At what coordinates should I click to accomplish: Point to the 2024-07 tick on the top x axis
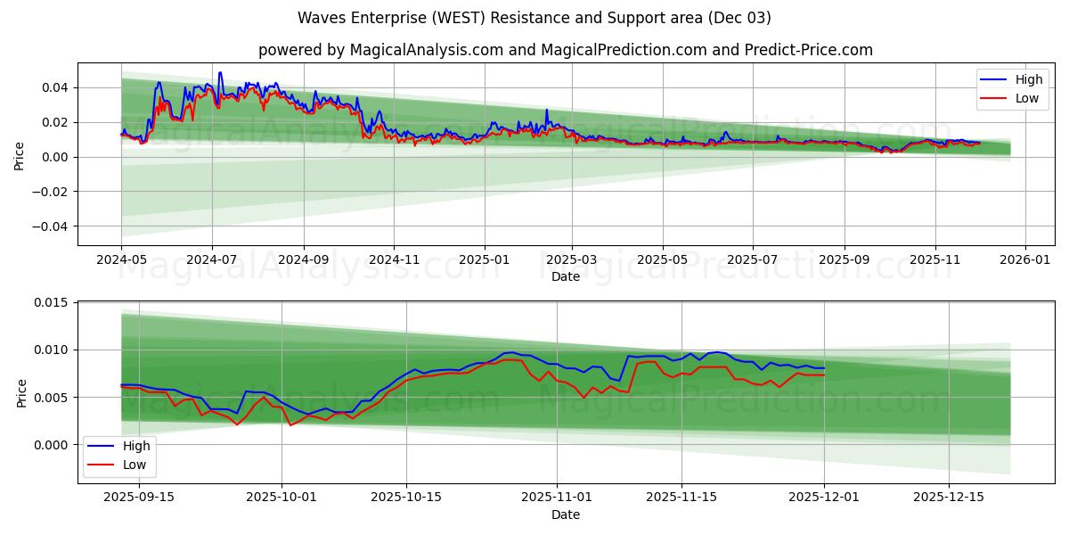pos(212,259)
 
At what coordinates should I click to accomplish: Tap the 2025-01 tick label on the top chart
pos(485,259)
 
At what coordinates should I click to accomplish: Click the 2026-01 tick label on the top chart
pos(1025,259)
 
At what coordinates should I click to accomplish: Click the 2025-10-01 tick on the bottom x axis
pos(282,497)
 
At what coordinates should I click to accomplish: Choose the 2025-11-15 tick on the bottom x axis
pos(681,497)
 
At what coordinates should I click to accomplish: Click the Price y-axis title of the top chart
pos(20,154)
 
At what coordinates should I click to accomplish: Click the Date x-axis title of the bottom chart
pos(565,514)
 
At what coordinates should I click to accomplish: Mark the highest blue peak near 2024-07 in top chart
pos(220,73)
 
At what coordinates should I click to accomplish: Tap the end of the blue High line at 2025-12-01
pos(824,368)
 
